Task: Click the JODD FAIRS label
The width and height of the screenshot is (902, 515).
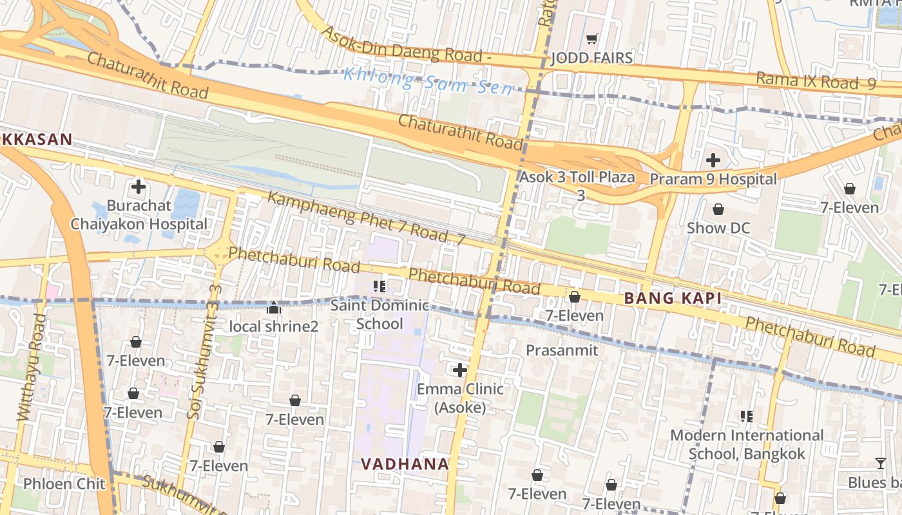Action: click(591, 59)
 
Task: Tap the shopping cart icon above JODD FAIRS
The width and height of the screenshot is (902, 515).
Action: click(592, 39)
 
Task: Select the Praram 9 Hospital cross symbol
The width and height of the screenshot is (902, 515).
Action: click(713, 160)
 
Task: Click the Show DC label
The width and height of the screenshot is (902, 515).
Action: click(718, 228)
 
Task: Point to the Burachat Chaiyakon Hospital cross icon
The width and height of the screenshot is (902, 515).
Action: click(139, 187)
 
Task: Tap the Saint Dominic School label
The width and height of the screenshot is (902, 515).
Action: click(379, 314)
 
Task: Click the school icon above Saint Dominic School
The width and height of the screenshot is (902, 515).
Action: click(379, 286)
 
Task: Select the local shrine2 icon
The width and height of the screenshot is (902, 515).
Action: click(274, 308)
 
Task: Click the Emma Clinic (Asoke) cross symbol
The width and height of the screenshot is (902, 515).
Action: click(459, 370)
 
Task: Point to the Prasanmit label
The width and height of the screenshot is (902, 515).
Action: click(562, 350)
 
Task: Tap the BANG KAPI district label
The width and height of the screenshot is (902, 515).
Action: click(672, 298)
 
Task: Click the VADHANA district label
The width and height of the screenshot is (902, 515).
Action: click(404, 464)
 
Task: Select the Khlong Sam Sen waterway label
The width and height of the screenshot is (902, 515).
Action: click(428, 80)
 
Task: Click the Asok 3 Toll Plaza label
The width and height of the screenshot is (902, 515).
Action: click(577, 177)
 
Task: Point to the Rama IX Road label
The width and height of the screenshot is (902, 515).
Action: click(815, 81)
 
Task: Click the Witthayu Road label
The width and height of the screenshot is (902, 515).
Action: click(30, 367)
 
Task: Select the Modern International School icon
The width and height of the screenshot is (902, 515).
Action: click(747, 417)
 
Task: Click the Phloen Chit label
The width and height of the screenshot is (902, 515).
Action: click(55, 483)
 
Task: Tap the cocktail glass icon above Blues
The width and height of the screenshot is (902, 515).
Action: click(880, 463)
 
